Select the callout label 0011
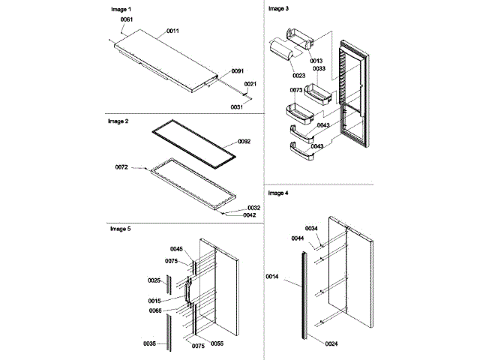point(172,31)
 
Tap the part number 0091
point(237,71)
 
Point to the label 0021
point(250,84)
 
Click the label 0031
point(237,107)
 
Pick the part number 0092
point(244,140)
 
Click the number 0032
point(253,208)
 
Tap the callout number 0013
point(316,61)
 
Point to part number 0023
point(299,75)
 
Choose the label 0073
point(295,90)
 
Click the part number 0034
point(311,228)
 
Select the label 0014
point(271,276)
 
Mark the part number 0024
point(332,344)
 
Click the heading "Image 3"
point(278,7)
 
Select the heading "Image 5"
point(118,227)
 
